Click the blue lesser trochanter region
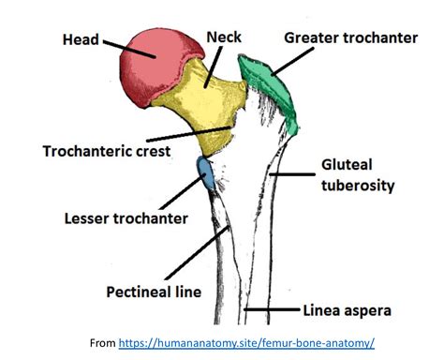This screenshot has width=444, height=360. pos(204,173)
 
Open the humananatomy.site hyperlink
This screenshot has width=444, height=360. pos(247,343)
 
